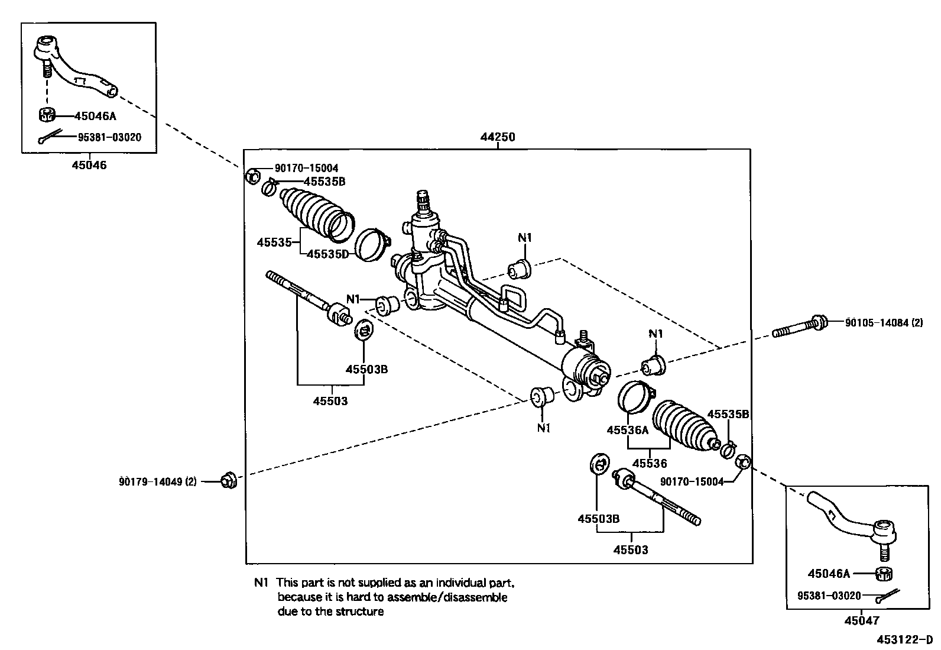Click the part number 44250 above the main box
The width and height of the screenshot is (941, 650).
(x=497, y=137)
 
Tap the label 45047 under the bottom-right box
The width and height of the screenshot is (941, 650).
(x=861, y=620)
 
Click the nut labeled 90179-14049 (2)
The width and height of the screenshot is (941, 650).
(x=228, y=481)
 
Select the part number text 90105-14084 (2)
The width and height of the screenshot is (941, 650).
(x=883, y=322)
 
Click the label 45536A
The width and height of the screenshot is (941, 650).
(x=627, y=430)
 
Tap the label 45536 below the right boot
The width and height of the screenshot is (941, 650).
(x=650, y=464)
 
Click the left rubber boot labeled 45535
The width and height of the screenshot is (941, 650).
(x=313, y=213)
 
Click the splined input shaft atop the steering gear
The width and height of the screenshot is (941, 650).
(x=423, y=201)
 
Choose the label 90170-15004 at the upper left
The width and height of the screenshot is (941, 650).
(x=306, y=169)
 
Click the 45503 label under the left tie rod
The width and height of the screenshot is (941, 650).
(x=330, y=401)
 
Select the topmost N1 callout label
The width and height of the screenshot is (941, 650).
(x=524, y=238)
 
